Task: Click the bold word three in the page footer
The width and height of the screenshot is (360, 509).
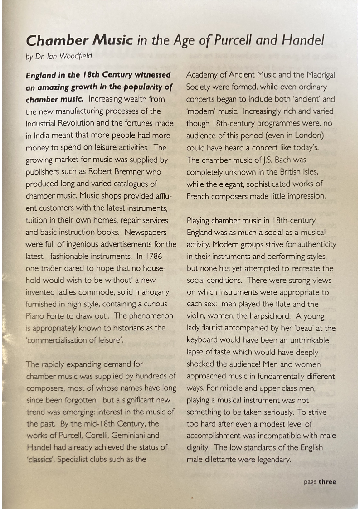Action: pos(327,482)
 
